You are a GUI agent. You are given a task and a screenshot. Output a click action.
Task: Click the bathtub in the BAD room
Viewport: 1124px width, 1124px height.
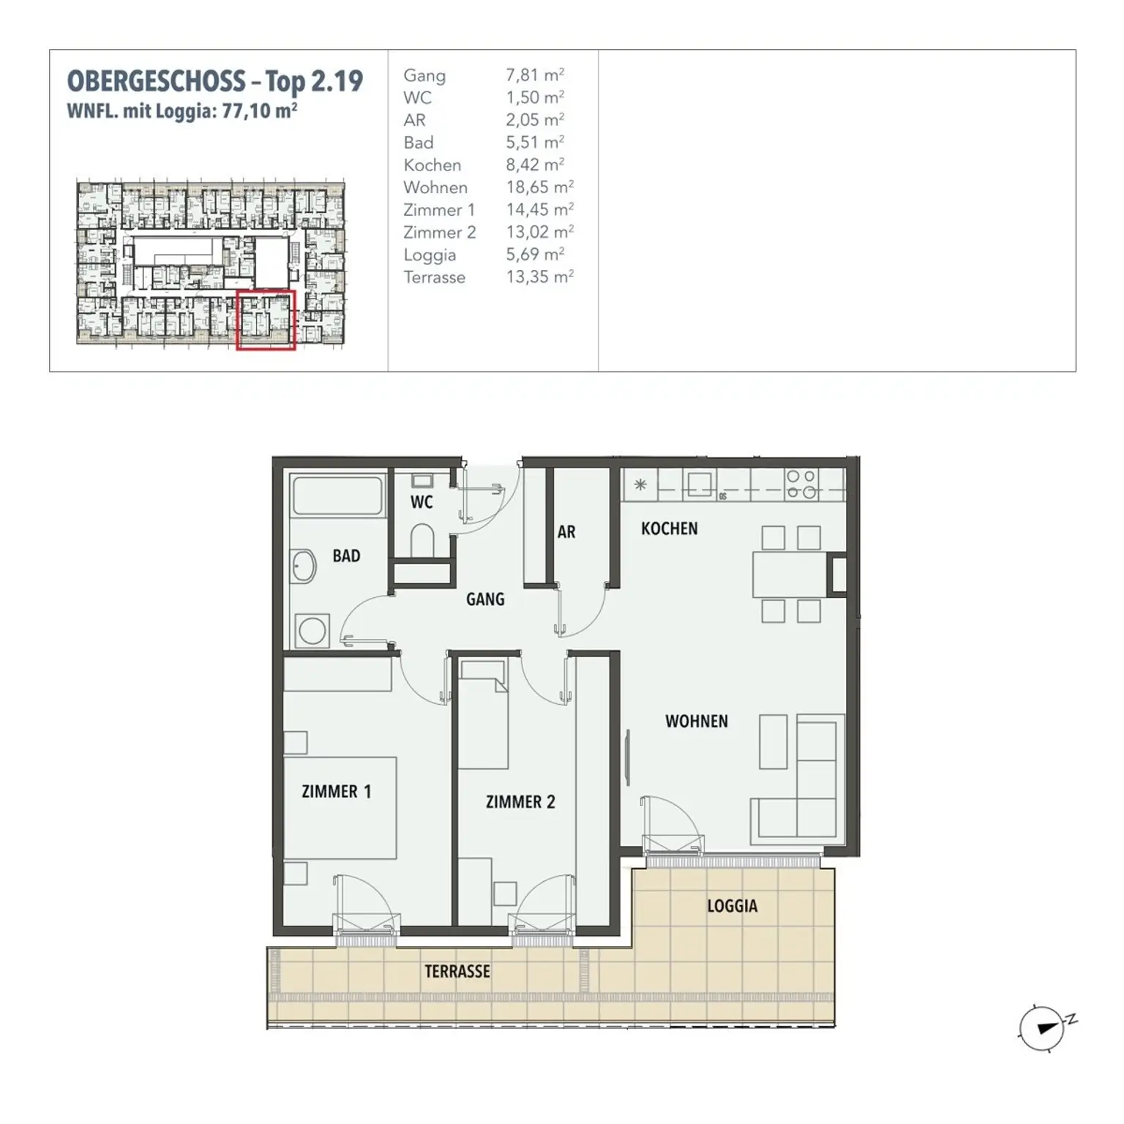[x=337, y=496]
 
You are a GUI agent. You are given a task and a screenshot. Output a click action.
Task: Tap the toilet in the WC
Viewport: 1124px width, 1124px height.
[x=422, y=540]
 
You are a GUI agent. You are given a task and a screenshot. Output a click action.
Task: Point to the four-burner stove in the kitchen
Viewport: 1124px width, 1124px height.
[x=801, y=484]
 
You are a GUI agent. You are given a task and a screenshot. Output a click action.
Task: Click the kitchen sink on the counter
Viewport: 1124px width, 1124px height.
[x=699, y=484]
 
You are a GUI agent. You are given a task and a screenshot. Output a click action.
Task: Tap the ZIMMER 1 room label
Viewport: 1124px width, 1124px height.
[x=336, y=791]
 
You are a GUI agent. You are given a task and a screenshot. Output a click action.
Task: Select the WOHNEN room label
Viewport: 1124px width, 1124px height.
[x=696, y=722]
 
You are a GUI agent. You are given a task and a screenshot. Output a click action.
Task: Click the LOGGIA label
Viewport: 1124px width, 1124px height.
[x=732, y=906]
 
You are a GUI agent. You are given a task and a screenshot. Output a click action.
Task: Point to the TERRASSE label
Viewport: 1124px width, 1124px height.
[x=457, y=971]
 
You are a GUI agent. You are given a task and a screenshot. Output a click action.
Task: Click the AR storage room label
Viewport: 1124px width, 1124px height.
[x=566, y=532]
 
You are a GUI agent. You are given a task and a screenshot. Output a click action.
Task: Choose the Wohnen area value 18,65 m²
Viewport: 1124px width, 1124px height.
[x=539, y=187]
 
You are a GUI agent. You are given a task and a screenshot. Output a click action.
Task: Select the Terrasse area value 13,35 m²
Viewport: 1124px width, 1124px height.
[x=539, y=277]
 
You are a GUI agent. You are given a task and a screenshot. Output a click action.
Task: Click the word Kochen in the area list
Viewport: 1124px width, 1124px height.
[x=432, y=165]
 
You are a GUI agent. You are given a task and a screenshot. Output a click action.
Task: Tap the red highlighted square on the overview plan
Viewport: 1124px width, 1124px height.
[x=266, y=320]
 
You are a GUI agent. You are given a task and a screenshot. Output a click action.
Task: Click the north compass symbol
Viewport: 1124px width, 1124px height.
[x=1042, y=1027]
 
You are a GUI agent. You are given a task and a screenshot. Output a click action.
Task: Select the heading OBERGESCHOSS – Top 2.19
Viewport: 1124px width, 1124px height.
[x=214, y=81]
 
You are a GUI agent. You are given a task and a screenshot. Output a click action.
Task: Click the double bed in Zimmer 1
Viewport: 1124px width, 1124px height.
[x=340, y=807]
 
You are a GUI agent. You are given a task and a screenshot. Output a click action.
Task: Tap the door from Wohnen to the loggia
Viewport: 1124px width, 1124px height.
[x=672, y=825]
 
